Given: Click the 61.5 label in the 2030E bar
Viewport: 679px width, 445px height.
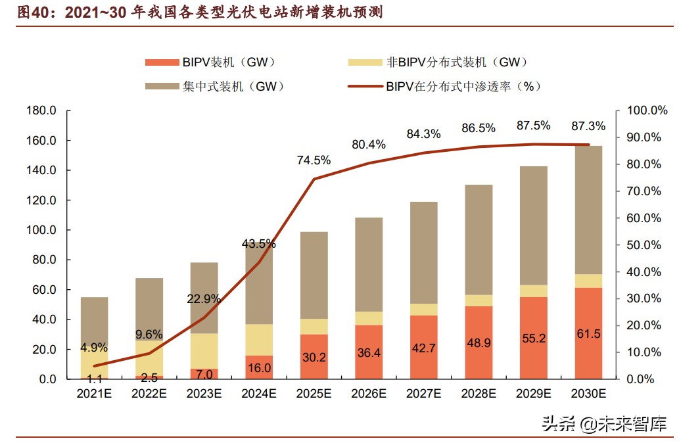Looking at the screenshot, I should pos(588,352).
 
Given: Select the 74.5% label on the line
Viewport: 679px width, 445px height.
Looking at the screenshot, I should pos(314,160).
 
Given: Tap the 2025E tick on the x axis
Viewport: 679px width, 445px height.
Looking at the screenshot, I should pos(314,393).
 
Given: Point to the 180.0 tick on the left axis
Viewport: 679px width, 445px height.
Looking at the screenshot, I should pos(41,110).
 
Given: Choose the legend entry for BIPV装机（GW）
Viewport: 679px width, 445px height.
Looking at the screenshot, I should pos(210,62).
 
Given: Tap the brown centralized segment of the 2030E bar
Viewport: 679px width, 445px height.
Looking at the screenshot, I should pos(588,210).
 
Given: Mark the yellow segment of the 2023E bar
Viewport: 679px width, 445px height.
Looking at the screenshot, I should pos(204,352).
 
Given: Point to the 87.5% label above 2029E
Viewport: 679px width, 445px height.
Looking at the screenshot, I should pos(533,126).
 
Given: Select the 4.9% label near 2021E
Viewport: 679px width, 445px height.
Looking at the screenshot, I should pos(94,348).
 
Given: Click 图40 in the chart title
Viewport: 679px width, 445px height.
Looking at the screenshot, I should pos(31,12).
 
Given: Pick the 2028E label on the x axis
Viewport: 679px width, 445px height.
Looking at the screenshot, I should pos(478,393).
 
